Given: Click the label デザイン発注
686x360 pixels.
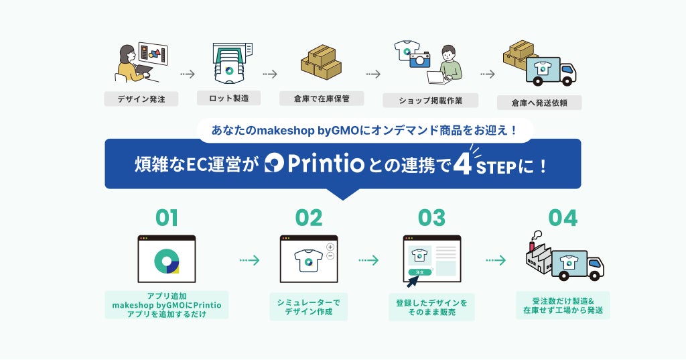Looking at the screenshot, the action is pyautogui.click(x=141, y=99).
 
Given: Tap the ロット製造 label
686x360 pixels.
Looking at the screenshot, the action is pyautogui.click(x=228, y=98).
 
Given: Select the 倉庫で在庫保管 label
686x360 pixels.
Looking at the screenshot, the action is pyautogui.click(x=322, y=99).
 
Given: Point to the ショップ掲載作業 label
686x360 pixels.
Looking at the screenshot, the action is pyautogui.click(x=431, y=101).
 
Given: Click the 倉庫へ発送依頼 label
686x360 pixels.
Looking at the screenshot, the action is pyautogui.click(x=539, y=103).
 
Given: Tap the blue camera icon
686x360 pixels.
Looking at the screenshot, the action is pyautogui.click(x=420, y=60).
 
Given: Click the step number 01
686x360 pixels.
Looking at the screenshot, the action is pyautogui.click(x=167, y=218).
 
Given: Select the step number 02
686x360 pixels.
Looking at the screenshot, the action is pyautogui.click(x=309, y=218).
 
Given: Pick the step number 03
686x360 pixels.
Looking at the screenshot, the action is pyautogui.click(x=431, y=218).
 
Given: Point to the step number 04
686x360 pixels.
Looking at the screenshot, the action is pyautogui.click(x=563, y=218).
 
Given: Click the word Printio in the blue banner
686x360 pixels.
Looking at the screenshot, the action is pyautogui.click(x=326, y=164).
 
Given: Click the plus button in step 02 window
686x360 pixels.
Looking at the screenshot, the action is pyautogui.click(x=330, y=247).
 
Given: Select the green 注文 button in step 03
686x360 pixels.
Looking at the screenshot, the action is pyautogui.click(x=419, y=272).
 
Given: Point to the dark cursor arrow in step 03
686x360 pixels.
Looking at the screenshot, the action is pyautogui.click(x=413, y=281).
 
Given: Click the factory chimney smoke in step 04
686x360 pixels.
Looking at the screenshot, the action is pyautogui.click(x=537, y=235).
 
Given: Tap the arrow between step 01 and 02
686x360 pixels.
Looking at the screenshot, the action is pyautogui.click(x=249, y=261).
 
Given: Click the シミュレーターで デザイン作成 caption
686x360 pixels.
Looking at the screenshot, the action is pyautogui.click(x=308, y=307).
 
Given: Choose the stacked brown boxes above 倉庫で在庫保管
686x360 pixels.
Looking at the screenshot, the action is pyautogui.click(x=321, y=62).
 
